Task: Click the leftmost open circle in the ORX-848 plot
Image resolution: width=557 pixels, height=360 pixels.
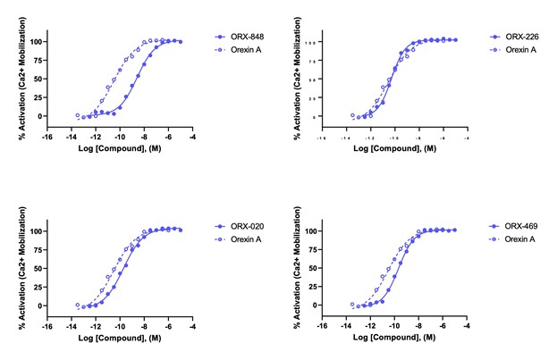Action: pos(78,115)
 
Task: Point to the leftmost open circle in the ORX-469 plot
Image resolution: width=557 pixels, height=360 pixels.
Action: pos(355,305)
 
